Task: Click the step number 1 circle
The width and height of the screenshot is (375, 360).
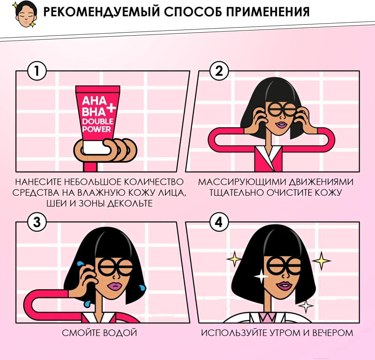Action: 37,71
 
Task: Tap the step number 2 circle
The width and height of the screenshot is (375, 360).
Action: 219,71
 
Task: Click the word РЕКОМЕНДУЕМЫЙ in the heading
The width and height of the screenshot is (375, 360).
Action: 101,12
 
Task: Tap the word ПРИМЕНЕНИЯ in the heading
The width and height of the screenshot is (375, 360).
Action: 268,12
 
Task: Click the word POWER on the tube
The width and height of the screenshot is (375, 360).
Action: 96,129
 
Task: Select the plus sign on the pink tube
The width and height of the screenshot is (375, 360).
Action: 111,108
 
